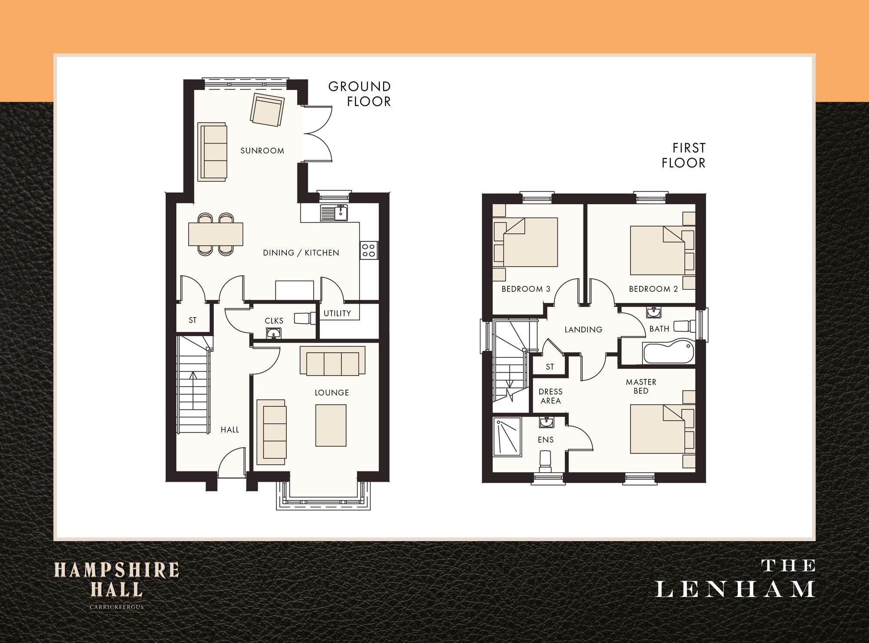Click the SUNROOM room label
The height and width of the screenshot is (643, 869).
coord(262,151)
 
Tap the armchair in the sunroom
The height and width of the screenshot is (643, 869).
coord(267,110)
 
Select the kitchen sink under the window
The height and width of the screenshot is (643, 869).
coord(334,213)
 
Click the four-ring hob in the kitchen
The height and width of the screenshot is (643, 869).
coord(369,250)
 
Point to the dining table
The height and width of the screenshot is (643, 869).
coord(216,234)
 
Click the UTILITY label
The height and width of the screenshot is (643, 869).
coord(337,313)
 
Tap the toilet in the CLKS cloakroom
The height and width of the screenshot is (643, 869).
coord(305,318)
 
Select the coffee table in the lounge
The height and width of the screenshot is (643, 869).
coord(331,425)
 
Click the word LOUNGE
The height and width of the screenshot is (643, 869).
coord(332,393)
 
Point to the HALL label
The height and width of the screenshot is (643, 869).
coord(230,430)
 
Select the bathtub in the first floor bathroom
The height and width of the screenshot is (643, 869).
coord(669,352)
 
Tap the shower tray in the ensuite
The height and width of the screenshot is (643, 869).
coord(507,437)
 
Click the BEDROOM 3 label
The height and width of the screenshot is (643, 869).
coord(526,289)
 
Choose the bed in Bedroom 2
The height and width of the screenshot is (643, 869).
coord(657,250)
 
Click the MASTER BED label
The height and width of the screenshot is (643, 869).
coord(641,386)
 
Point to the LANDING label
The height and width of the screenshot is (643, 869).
coord(584,330)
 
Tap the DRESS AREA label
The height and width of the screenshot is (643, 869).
coord(551,396)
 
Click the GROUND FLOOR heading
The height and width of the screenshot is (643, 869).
coord(359,94)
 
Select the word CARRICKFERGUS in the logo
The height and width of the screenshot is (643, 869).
coord(116,607)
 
